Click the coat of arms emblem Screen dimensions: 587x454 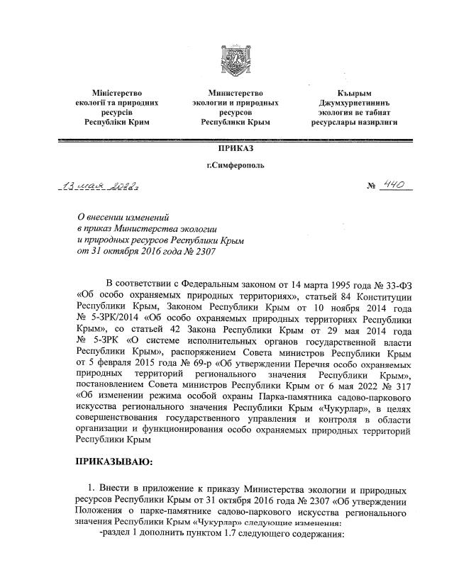[236, 60]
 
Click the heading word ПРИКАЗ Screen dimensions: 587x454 [236, 148]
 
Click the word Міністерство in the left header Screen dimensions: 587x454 [117, 93]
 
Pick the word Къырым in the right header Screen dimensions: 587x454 [355, 93]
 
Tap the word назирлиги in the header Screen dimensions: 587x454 [377, 122]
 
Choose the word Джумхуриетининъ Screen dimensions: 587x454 [355, 103]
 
